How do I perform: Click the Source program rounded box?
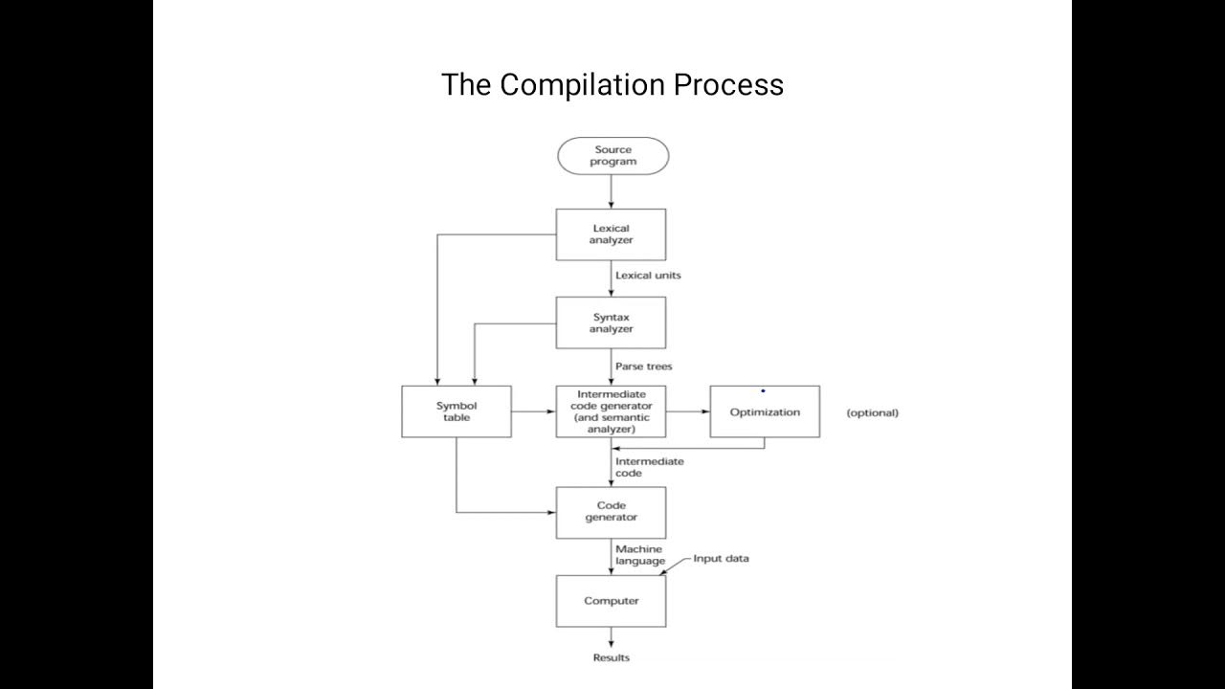pyautogui.click(x=612, y=156)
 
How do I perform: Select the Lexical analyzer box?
pyautogui.click(x=611, y=234)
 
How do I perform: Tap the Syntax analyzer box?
pyautogui.click(x=611, y=322)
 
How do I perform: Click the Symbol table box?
pyautogui.click(x=456, y=411)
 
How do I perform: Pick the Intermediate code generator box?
pyautogui.click(x=611, y=411)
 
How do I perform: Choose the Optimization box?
pyautogui.click(x=765, y=412)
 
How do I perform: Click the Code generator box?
pyautogui.click(x=611, y=512)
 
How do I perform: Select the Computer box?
pyautogui.click(x=611, y=601)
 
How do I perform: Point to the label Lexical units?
pyautogui.click(x=648, y=276)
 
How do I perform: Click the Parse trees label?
pyautogui.click(x=643, y=367)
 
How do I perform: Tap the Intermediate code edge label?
pyautogui.click(x=649, y=467)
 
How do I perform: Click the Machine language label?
pyautogui.click(x=639, y=555)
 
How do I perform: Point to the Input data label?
pyautogui.click(x=721, y=559)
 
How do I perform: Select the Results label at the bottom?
pyautogui.click(x=612, y=657)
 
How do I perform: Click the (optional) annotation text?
pyautogui.click(x=872, y=413)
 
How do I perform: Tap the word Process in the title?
pyautogui.click(x=728, y=85)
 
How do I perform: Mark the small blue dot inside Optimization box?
pyautogui.click(x=763, y=390)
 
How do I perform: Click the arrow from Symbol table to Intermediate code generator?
pyautogui.click(x=533, y=411)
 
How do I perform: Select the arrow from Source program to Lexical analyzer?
pyautogui.click(x=611, y=191)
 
